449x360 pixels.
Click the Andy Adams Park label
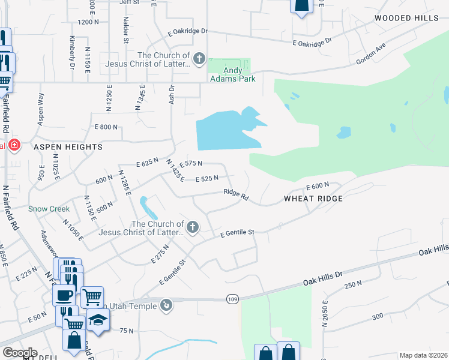coord(232,74)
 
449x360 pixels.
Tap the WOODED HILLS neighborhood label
coord(406,18)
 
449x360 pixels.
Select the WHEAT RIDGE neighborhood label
coord(313,199)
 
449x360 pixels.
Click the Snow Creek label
coord(49,209)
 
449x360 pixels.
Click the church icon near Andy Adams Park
coord(200,59)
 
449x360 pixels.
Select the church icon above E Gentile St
coord(192,227)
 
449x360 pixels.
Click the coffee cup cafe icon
coord(64,294)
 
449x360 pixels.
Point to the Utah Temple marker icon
coord(166,305)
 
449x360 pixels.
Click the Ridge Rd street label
coord(236,194)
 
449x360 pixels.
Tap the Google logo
coord(20,353)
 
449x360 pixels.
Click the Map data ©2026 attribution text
coord(423,355)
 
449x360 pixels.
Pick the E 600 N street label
coord(318,187)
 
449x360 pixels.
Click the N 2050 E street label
coord(325,314)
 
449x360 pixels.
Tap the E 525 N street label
coord(206,178)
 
